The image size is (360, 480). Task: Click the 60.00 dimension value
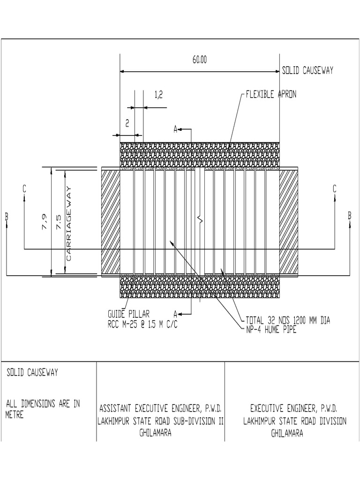(x=199, y=60)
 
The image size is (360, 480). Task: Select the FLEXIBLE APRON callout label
(x=271, y=94)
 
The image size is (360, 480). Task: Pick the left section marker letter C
(x=24, y=188)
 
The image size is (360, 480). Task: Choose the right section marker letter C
(x=334, y=188)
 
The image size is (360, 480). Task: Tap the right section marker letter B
(x=350, y=215)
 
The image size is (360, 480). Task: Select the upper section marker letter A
(x=175, y=128)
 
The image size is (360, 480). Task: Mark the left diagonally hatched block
(x=111, y=222)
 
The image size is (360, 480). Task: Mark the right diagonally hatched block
(x=289, y=222)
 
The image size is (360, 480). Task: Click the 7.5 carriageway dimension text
(x=58, y=221)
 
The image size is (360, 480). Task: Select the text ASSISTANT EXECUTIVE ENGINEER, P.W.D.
(x=160, y=407)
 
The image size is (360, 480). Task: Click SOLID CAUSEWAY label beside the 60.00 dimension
(x=307, y=71)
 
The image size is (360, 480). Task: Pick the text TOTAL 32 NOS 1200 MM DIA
(x=288, y=321)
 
